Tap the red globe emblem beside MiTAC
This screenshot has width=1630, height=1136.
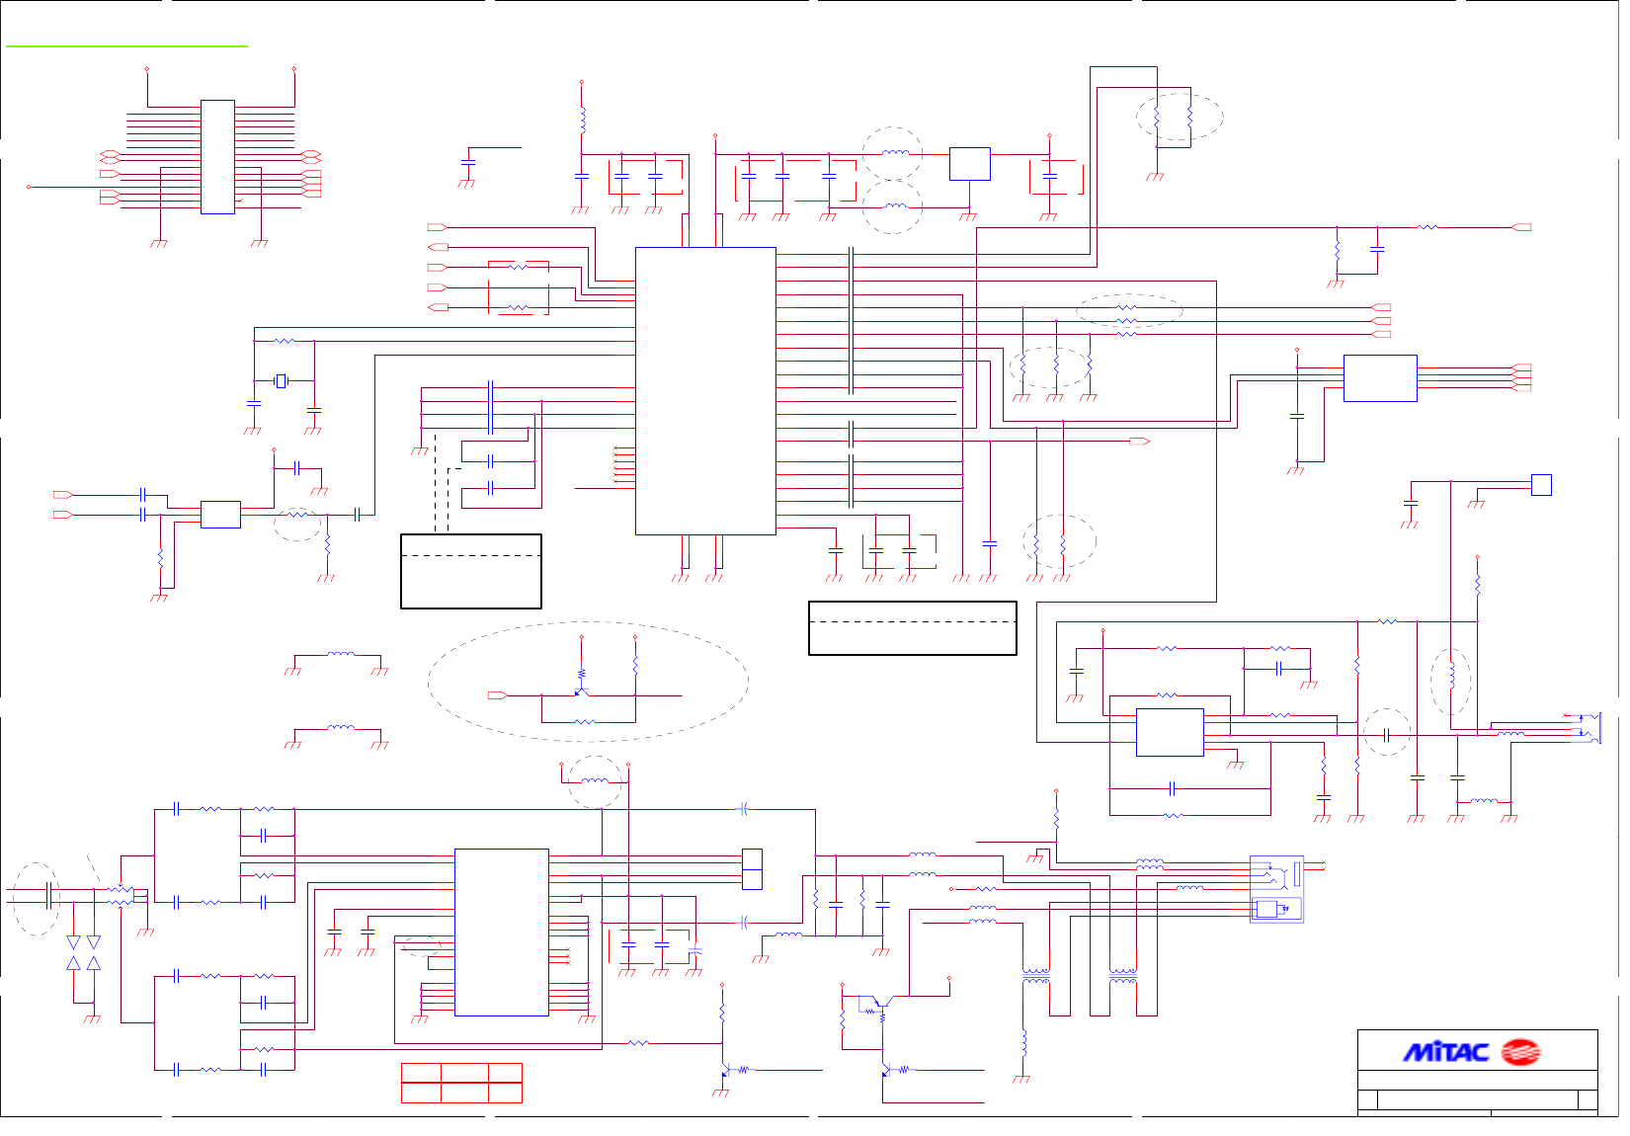1519,1053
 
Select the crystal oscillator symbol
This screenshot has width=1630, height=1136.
281,380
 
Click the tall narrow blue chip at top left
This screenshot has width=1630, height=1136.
217,157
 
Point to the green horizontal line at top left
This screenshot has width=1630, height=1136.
126,45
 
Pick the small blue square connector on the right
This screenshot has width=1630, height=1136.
1541,485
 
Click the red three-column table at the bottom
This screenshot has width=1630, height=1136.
461,1083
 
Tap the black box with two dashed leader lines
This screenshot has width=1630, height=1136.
471,571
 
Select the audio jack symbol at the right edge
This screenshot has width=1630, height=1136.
1591,728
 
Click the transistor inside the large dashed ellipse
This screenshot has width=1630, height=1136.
581,690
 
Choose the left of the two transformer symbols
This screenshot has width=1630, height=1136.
1035,976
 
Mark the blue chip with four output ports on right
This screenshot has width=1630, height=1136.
1380,378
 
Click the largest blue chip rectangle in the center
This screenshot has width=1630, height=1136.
705,391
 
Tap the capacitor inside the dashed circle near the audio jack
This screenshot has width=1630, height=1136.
1387,735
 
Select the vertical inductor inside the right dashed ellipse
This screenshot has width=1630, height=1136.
1451,675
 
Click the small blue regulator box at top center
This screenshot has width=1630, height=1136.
969,164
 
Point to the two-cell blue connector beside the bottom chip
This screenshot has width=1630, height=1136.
752,869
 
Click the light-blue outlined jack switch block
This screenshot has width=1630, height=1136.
1276,889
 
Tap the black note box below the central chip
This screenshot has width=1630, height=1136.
912,628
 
